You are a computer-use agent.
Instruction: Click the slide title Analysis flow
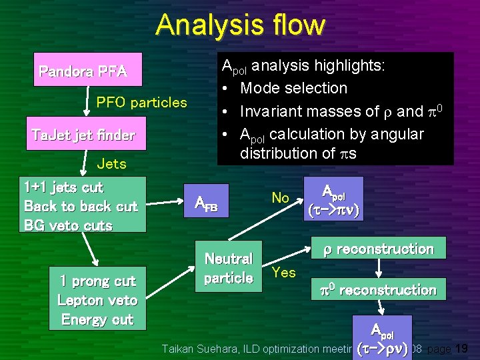[240, 25]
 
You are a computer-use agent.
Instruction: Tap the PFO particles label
[141, 102]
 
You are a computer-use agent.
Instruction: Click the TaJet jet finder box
[83, 136]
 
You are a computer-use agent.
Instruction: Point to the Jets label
[111, 163]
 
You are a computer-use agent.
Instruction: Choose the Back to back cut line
[81, 206]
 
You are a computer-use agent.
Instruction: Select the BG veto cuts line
[68, 225]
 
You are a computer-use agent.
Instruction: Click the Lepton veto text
[97, 300]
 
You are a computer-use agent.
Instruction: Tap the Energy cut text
[97, 319]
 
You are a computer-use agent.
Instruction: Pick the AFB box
[206, 203]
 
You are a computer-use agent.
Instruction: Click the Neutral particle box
[228, 268]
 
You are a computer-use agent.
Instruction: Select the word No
[280, 198]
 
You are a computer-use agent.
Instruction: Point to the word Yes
[284, 272]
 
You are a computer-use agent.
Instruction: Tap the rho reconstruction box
[378, 249]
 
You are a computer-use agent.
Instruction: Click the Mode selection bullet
[293, 88]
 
